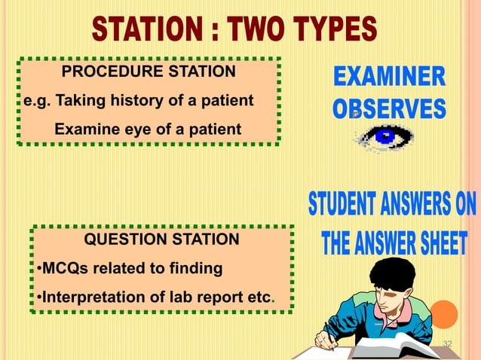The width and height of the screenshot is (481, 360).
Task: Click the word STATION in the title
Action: (x=144, y=31)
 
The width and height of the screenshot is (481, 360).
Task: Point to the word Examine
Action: (x=84, y=130)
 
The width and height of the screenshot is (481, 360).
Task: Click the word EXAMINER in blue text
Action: (x=389, y=78)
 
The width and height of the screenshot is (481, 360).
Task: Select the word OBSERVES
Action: (x=389, y=110)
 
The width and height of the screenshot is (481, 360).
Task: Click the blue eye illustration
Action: (x=384, y=137)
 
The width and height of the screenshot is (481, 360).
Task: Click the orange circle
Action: (x=444, y=314)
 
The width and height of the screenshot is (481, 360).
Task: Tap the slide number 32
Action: (x=448, y=344)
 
